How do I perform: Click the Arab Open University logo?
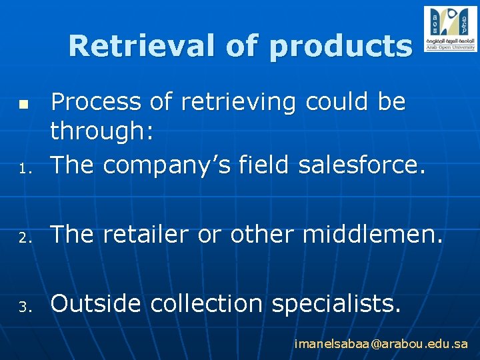(450, 29)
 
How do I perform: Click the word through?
(103, 132)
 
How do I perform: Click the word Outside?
(95, 303)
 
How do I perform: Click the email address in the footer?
(381, 344)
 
